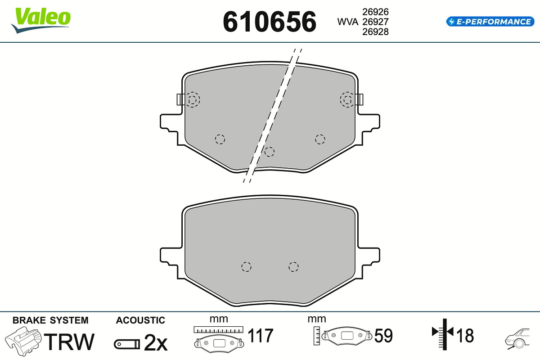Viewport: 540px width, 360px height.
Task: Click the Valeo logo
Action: [x=41, y=20]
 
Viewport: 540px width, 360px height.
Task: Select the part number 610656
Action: [x=270, y=22]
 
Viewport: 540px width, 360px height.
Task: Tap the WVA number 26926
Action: [x=375, y=12]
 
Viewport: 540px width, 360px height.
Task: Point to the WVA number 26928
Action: [x=375, y=32]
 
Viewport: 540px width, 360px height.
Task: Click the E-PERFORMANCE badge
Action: [x=490, y=22]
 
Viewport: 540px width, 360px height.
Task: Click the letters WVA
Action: [x=347, y=22]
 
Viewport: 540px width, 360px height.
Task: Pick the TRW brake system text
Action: [x=69, y=342]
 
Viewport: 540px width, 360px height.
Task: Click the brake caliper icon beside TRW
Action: [x=23, y=341]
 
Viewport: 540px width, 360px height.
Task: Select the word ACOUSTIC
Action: [x=140, y=320]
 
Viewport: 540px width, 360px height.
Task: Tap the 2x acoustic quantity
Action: [x=156, y=342]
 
